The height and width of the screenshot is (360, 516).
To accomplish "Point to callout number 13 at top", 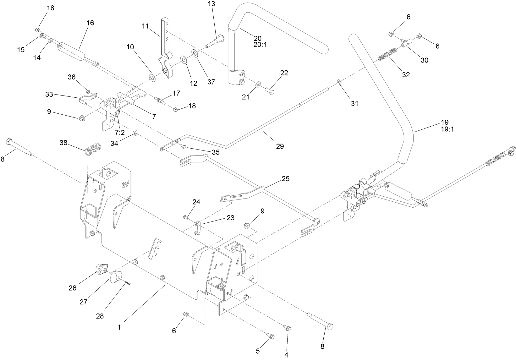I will click(x=212, y=4).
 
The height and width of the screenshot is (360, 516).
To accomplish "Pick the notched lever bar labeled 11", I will click(x=167, y=50).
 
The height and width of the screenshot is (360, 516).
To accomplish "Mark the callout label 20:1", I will click(x=260, y=45).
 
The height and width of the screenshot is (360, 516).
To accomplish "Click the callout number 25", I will click(x=285, y=179).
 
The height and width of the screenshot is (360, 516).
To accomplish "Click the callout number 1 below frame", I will click(x=119, y=327).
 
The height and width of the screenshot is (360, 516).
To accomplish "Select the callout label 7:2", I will click(x=120, y=133).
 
